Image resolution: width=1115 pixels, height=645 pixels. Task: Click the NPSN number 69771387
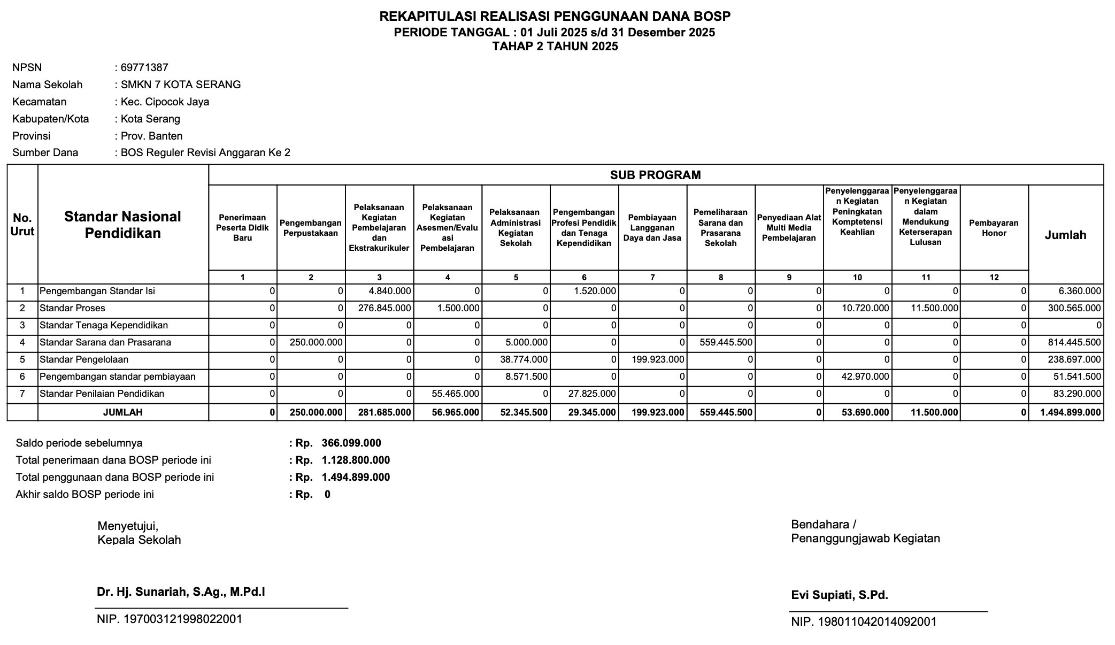coord(144,67)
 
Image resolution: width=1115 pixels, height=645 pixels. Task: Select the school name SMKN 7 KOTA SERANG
coord(181,85)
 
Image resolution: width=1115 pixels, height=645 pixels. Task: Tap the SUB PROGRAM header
coord(655,175)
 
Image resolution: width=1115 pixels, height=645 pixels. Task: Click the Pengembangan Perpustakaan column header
coord(311,228)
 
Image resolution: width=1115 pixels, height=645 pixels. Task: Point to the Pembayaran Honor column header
coord(994,228)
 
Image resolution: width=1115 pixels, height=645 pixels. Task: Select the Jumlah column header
coord(1065,235)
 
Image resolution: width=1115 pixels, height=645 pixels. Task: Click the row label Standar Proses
coord(73,308)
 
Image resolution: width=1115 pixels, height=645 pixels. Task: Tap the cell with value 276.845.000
coord(385,308)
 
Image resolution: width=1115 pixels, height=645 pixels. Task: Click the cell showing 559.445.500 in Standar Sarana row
coord(726,342)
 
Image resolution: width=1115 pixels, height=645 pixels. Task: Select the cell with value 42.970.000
coord(863,377)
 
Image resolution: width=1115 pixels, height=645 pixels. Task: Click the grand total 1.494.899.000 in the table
coord(1070,412)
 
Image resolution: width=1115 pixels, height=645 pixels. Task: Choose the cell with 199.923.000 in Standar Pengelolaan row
coord(657,359)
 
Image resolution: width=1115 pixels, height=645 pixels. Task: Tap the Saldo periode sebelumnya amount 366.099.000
coord(351,443)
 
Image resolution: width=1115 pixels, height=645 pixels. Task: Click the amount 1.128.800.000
coord(355,460)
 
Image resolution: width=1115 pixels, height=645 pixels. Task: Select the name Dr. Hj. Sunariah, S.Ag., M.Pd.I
coord(181,592)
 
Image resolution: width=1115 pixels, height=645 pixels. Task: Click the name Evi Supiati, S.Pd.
coord(840,595)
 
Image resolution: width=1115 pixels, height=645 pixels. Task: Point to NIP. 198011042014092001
coord(864,622)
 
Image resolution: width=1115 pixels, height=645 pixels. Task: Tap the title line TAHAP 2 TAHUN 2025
coord(555,47)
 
